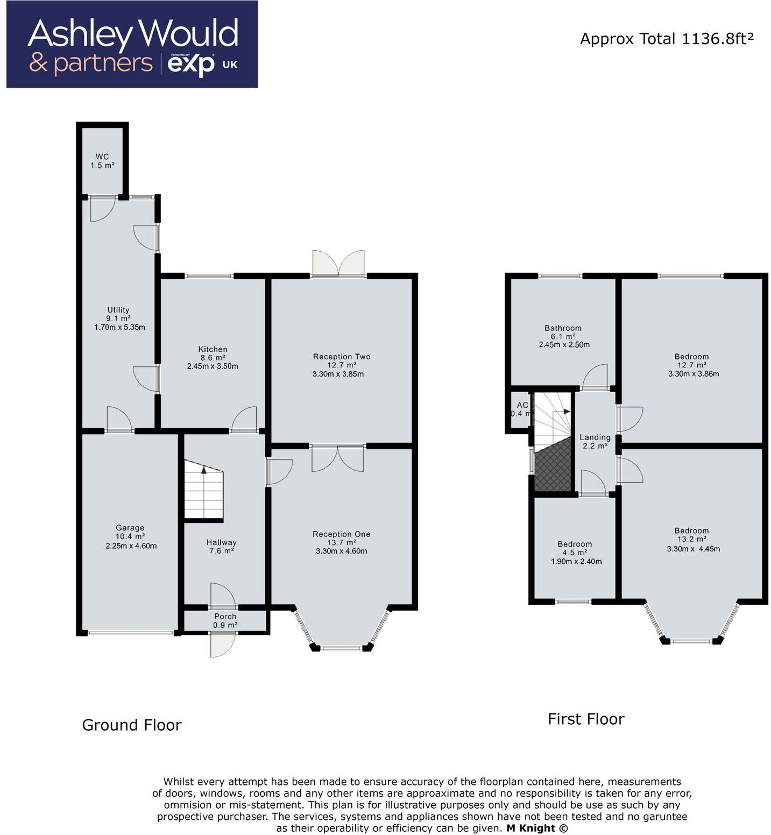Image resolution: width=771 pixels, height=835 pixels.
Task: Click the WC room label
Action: click(x=102, y=157)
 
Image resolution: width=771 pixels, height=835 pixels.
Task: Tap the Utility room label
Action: click(x=118, y=310)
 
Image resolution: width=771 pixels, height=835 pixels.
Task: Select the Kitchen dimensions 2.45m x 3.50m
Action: click(x=213, y=366)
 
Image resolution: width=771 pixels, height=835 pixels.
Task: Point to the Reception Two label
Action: click(x=342, y=357)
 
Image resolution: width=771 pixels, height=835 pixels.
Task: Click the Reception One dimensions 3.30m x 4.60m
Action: click(x=342, y=551)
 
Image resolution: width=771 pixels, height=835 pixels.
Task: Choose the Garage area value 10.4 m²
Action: click(x=130, y=536)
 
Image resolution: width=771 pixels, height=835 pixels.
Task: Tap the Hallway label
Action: click(x=221, y=542)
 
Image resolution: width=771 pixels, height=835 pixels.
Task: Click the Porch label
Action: click(x=225, y=617)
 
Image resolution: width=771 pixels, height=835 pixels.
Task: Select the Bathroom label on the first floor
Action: click(x=563, y=328)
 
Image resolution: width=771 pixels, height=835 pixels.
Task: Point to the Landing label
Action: click(x=595, y=437)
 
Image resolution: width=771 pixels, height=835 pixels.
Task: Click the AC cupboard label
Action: click(x=522, y=405)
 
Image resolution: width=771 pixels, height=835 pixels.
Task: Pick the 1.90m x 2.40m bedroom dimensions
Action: click(x=576, y=561)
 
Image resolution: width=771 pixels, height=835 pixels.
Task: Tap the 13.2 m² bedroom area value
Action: click(x=692, y=539)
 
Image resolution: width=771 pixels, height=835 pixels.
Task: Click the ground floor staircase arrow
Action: click(x=204, y=469)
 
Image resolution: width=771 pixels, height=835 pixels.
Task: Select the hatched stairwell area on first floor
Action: click(x=553, y=466)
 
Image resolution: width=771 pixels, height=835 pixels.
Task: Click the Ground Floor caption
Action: click(x=132, y=725)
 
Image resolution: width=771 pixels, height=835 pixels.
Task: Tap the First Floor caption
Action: click(x=586, y=719)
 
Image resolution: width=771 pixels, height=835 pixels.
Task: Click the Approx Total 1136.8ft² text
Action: click(x=667, y=39)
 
